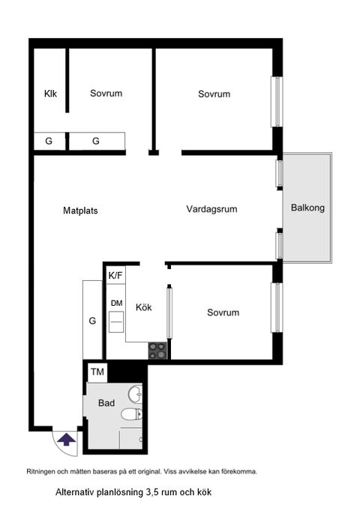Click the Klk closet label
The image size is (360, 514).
pos(50,94)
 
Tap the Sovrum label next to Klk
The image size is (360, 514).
pos(106,94)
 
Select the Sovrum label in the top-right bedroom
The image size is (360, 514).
pos(214,94)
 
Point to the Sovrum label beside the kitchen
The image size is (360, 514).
pos(223,312)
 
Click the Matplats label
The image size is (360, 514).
pos(80,211)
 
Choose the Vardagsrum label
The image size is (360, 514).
pos(211,209)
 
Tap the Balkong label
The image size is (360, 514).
pos(307,209)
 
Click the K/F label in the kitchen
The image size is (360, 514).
pos(115,276)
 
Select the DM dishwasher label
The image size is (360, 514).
pos(116,303)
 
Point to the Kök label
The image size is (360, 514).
pos(144,307)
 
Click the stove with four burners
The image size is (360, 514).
pos(157,350)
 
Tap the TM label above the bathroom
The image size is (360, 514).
pos(97,372)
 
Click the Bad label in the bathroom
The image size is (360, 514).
pos(106,403)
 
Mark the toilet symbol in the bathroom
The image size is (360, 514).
pos(130,414)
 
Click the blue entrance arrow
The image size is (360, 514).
pos(66,440)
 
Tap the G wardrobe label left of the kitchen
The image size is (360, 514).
pos(92,321)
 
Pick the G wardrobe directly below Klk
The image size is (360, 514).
pos(49,141)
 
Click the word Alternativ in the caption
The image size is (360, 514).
pos(76,493)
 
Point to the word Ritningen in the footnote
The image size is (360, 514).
pos(43,472)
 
